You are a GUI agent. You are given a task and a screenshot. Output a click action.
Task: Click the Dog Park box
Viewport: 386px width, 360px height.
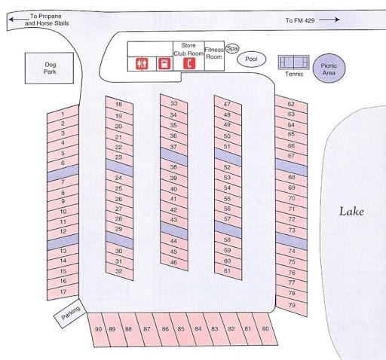click(x=49, y=68)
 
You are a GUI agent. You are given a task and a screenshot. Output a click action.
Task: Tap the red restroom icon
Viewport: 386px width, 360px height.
click(x=142, y=64)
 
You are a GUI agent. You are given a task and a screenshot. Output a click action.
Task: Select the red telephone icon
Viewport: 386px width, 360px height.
click(x=189, y=63)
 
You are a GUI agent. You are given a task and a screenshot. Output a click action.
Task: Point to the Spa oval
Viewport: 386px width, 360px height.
click(x=232, y=48)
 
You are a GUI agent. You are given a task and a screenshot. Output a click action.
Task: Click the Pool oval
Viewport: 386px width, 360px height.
click(x=251, y=59)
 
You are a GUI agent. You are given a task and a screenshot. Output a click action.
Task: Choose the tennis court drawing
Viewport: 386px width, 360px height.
click(x=293, y=62)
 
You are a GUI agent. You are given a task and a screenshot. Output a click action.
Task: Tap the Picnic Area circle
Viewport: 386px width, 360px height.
click(x=329, y=68)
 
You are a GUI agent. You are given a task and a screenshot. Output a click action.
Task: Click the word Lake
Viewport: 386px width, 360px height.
click(x=351, y=212)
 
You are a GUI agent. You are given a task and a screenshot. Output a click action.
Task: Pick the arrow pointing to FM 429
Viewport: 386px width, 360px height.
click(x=329, y=20)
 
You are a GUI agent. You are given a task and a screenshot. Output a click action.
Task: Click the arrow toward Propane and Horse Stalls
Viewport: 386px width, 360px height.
click(x=19, y=19)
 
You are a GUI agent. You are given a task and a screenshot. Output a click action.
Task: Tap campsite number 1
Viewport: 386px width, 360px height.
click(x=63, y=114)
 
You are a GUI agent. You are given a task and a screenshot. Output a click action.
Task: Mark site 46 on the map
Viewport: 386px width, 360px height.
click(x=174, y=262)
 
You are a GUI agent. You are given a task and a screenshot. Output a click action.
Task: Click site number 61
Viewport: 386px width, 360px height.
click(x=228, y=271)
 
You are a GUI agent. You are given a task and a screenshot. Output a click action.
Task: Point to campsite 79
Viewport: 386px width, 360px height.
click(x=292, y=306)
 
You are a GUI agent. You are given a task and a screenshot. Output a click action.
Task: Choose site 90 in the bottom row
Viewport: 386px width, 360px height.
click(x=98, y=330)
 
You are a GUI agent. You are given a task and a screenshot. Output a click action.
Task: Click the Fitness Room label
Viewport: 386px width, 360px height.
click(x=214, y=53)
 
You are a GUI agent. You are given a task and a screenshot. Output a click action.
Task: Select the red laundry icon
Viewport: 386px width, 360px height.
click(x=164, y=64)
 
